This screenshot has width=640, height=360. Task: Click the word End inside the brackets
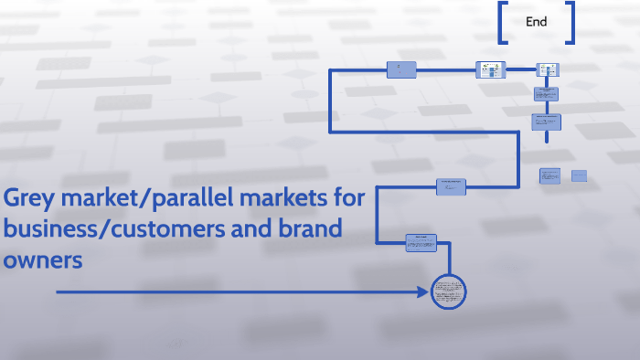click(537, 22)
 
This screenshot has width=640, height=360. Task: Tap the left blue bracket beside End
click(504, 22)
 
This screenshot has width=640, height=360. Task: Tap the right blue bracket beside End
click(571, 22)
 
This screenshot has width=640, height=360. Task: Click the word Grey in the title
click(28, 198)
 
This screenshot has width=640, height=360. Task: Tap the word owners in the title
click(44, 259)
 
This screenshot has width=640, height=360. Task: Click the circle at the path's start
click(449, 292)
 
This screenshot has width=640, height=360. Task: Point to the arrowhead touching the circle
click(424, 292)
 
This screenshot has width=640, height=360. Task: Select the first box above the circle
click(421, 242)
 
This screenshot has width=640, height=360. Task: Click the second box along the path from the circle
click(452, 186)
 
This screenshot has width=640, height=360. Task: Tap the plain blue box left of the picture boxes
click(401, 69)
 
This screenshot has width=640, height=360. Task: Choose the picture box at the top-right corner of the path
click(547, 69)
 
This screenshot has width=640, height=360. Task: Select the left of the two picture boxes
click(490, 69)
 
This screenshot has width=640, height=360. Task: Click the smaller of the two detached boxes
click(579, 175)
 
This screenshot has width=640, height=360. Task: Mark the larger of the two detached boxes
click(549, 175)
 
